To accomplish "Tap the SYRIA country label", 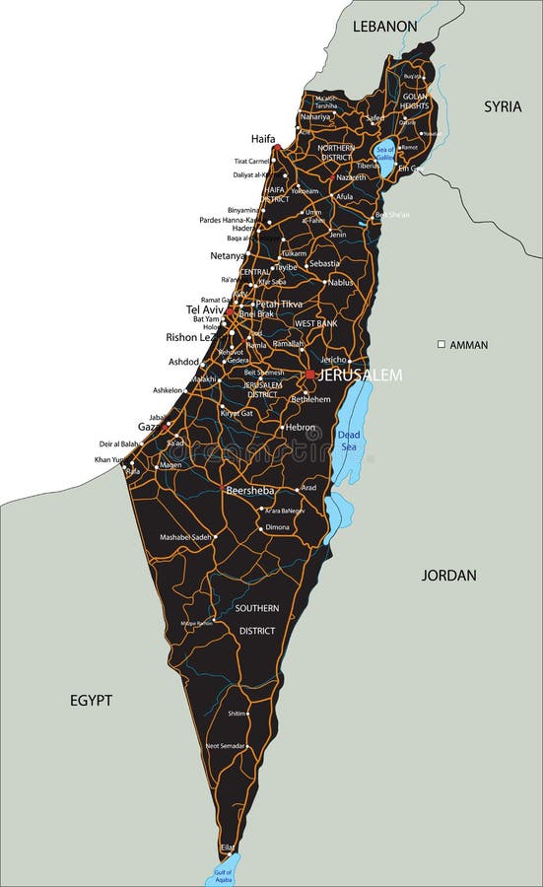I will pyautogui.click(x=502, y=106).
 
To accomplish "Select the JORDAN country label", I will pyautogui.click(x=448, y=575).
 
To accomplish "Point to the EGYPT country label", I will pyautogui.click(x=91, y=701).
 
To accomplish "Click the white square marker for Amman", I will pyautogui.click(x=441, y=344).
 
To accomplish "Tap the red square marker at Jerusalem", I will pyautogui.click(x=309, y=375).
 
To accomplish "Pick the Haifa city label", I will pyautogui.click(x=263, y=139).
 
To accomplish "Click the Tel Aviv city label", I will pyautogui.click(x=206, y=309).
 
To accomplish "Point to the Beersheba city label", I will pyautogui.click(x=249, y=490).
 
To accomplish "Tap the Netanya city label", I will pyautogui.click(x=228, y=255).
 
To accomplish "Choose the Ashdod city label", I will pyautogui.click(x=183, y=362).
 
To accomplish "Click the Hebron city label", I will pyautogui.click(x=301, y=428).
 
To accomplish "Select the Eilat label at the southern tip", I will pyautogui.click(x=228, y=847).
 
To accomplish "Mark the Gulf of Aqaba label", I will pyautogui.click(x=223, y=872).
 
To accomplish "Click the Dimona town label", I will pyautogui.click(x=278, y=527).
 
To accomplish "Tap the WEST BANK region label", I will pyautogui.click(x=316, y=323).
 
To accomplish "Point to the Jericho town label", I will pyautogui.click(x=333, y=360).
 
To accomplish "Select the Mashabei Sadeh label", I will pyautogui.click(x=185, y=537).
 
